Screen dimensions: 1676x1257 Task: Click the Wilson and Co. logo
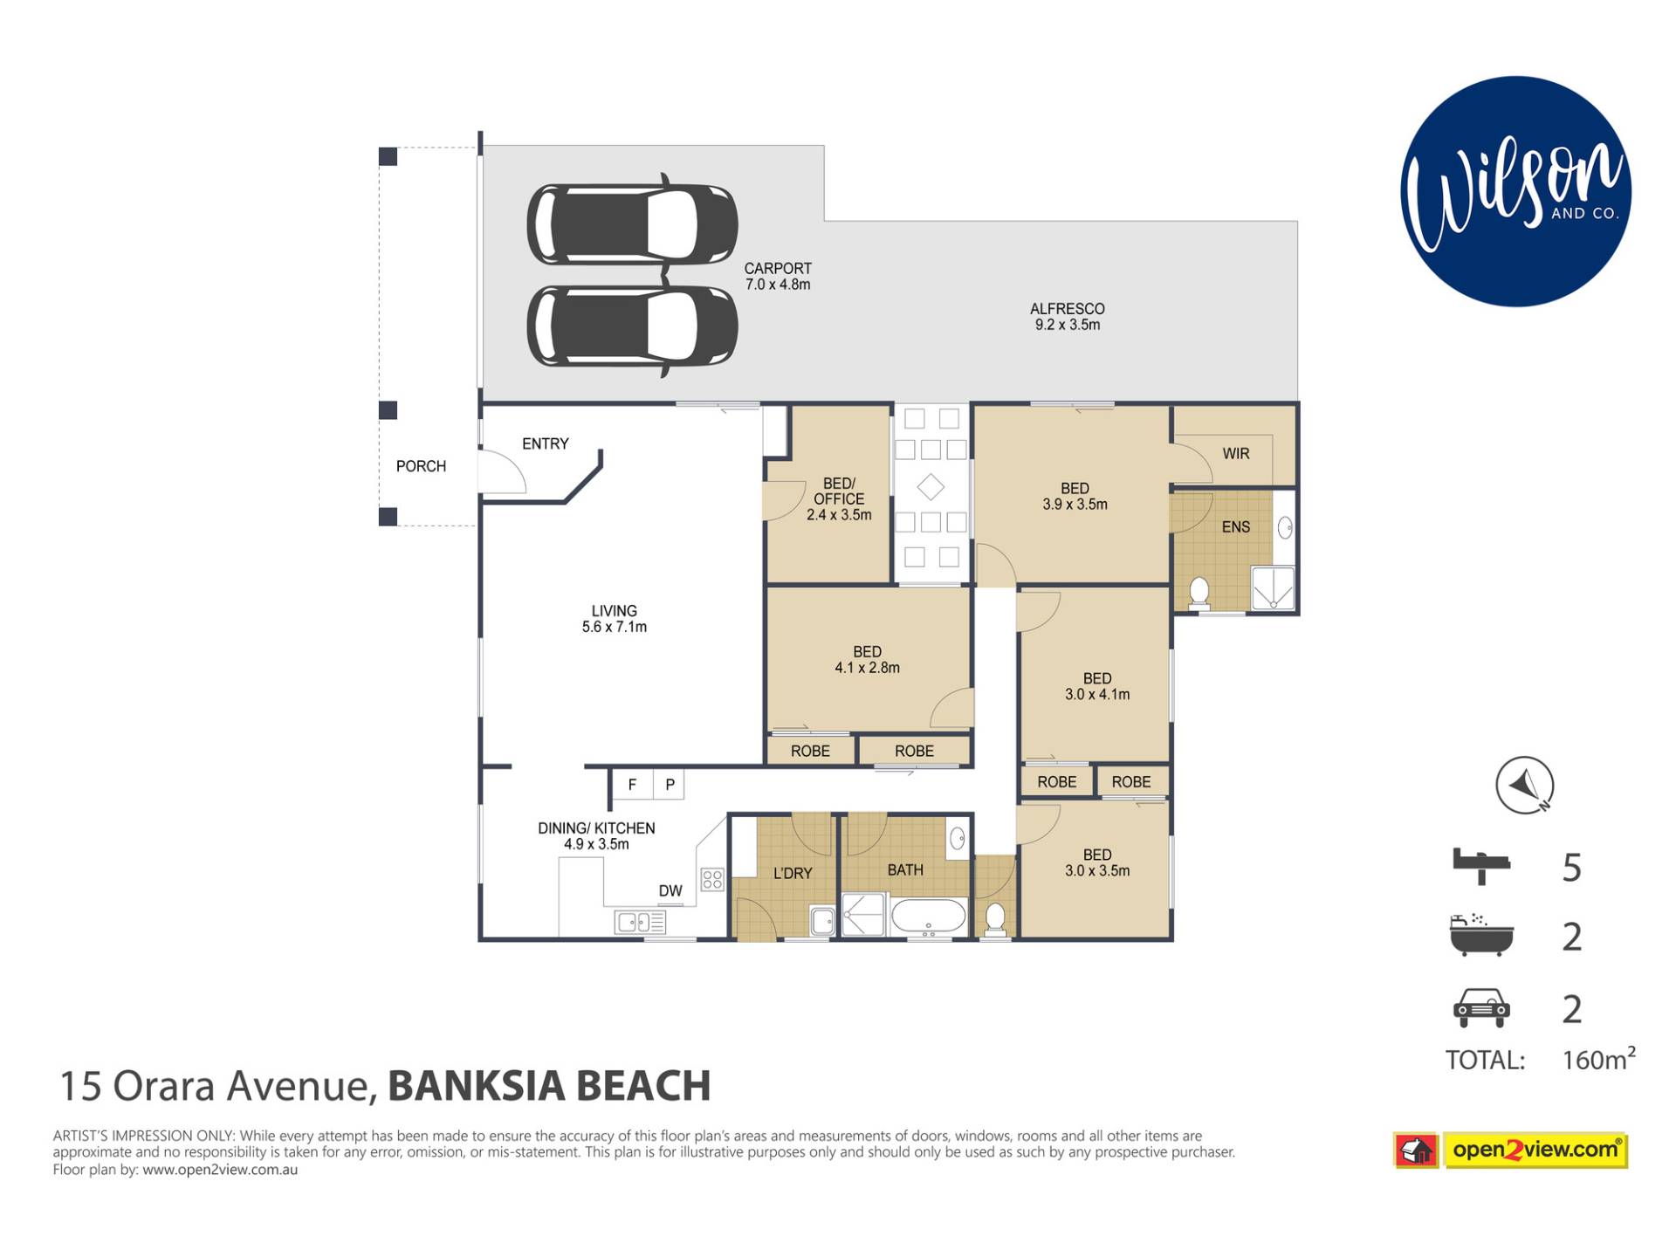(x=1515, y=191)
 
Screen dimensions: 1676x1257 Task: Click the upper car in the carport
(x=633, y=223)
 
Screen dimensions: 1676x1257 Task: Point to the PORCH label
(x=421, y=466)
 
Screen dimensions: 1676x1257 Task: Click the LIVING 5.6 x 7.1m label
(x=615, y=619)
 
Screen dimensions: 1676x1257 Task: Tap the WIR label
(x=1236, y=454)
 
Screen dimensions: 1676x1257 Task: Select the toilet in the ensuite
(x=1199, y=593)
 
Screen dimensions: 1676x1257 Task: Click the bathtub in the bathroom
(x=929, y=917)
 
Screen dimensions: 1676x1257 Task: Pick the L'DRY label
(x=793, y=873)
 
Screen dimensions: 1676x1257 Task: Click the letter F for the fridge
(x=632, y=785)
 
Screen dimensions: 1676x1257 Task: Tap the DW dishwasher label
(x=670, y=891)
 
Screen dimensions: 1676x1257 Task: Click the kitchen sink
(x=640, y=922)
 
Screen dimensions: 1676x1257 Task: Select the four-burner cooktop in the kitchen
(x=712, y=879)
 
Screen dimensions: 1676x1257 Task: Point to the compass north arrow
(x=1525, y=785)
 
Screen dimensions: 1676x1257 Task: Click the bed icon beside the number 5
(x=1481, y=866)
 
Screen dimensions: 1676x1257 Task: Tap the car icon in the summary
(x=1481, y=1008)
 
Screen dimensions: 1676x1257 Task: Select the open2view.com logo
(x=1511, y=1150)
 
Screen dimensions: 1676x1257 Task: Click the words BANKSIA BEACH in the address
(x=549, y=1086)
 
